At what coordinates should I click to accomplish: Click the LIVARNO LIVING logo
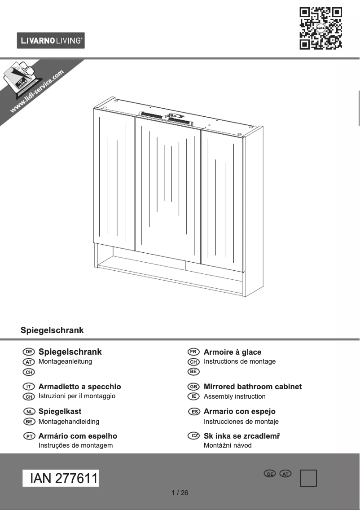(51, 41)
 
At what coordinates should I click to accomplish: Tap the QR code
(320, 28)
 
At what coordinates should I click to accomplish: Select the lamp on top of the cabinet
(165, 117)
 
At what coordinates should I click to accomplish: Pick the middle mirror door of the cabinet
(168, 189)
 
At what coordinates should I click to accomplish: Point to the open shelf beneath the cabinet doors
(171, 269)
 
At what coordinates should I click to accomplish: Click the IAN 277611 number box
(61, 479)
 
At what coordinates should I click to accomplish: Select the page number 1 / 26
(180, 493)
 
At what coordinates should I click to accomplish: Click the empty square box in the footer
(308, 478)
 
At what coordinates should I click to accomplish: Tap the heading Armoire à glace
(232, 352)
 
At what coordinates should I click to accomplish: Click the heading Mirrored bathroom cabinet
(252, 387)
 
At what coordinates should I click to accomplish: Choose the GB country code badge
(193, 387)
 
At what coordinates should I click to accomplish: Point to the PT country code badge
(29, 436)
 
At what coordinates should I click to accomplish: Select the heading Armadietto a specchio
(79, 387)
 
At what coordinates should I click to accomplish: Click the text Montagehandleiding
(69, 422)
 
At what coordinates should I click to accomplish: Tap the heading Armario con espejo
(239, 411)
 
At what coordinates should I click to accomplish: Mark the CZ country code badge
(193, 436)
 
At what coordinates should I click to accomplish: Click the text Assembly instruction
(234, 396)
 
